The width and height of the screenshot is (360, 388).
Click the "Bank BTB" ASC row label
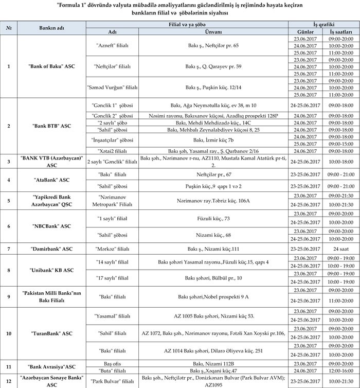(51, 126)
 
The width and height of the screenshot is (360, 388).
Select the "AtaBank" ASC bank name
(51, 180)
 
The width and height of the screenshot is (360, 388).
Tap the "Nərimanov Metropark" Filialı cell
(113, 199)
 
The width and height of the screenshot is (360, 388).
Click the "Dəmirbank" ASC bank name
(51, 249)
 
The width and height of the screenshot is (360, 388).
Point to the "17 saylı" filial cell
(113, 278)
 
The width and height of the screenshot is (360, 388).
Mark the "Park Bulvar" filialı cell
(113, 381)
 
